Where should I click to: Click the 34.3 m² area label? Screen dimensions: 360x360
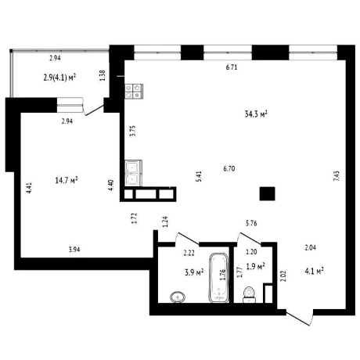(256, 114)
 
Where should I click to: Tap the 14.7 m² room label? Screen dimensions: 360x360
(67, 180)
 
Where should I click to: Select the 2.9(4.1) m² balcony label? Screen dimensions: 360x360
(59, 77)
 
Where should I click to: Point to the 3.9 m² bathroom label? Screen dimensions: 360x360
(194, 272)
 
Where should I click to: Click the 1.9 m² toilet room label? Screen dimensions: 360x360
(256, 266)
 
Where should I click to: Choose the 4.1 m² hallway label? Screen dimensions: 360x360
(315, 271)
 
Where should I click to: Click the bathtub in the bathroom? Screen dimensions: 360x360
(219, 278)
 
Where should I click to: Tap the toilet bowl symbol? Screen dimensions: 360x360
(250, 294)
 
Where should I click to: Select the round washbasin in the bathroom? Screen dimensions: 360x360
(178, 297)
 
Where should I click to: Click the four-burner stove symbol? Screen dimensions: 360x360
(134, 92)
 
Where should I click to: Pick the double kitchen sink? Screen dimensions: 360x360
(133, 173)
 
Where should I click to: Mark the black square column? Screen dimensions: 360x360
(267, 194)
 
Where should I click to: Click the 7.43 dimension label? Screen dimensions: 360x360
(337, 176)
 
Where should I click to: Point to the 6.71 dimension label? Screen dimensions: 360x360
(232, 67)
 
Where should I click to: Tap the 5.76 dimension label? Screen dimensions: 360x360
(251, 223)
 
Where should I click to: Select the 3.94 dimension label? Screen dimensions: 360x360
(74, 250)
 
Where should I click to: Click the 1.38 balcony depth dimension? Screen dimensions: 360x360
(103, 75)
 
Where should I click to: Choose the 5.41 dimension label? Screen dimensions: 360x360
(199, 176)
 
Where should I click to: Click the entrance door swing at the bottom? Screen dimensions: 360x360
(300, 318)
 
